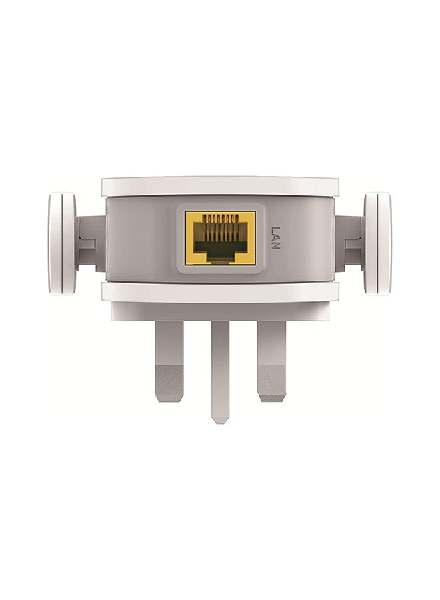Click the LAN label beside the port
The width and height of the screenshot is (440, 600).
[275, 237]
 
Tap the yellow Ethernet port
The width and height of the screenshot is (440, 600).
[220, 237]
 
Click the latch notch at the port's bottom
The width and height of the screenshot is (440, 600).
[220, 259]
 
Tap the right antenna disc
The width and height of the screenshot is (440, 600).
[377, 244]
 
